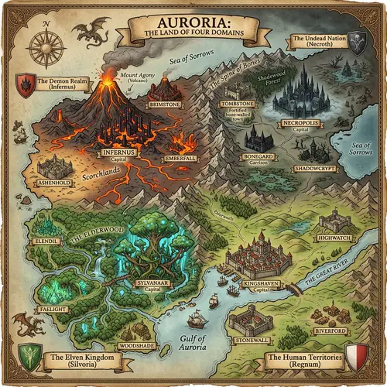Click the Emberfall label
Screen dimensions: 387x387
[180, 159]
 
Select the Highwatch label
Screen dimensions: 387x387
[335, 238]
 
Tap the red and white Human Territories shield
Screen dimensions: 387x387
[355, 358]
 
